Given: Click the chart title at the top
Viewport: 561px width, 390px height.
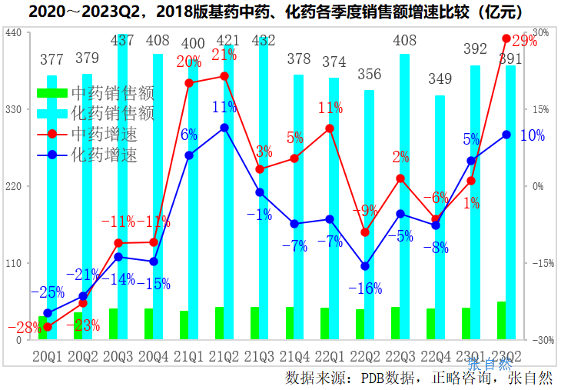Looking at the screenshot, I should (x=280, y=12).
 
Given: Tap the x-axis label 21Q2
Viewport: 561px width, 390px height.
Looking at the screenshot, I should (x=224, y=356).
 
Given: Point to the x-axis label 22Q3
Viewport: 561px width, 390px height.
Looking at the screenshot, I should (x=400, y=356).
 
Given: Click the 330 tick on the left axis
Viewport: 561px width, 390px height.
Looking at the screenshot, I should (x=13, y=109).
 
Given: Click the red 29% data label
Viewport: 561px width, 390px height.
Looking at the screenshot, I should (x=523, y=42).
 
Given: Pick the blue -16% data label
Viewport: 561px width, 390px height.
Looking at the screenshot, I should (x=365, y=288).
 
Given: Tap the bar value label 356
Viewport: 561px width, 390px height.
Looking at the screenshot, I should (x=369, y=75).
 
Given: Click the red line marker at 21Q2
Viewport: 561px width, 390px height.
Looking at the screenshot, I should (x=224, y=75).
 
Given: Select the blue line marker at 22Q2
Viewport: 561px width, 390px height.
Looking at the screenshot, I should (x=365, y=266).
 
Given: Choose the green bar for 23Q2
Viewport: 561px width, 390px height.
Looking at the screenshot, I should (x=501, y=321).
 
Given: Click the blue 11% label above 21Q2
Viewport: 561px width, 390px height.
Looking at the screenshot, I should (x=224, y=107).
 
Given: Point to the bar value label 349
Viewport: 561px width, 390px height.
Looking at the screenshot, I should (x=440, y=78).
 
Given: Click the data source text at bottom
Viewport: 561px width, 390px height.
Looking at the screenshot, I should (x=419, y=378).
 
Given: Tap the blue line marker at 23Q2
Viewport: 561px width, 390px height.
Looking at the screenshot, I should (x=506, y=135).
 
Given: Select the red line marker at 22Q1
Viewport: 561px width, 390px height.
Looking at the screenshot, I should (x=330, y=128).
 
